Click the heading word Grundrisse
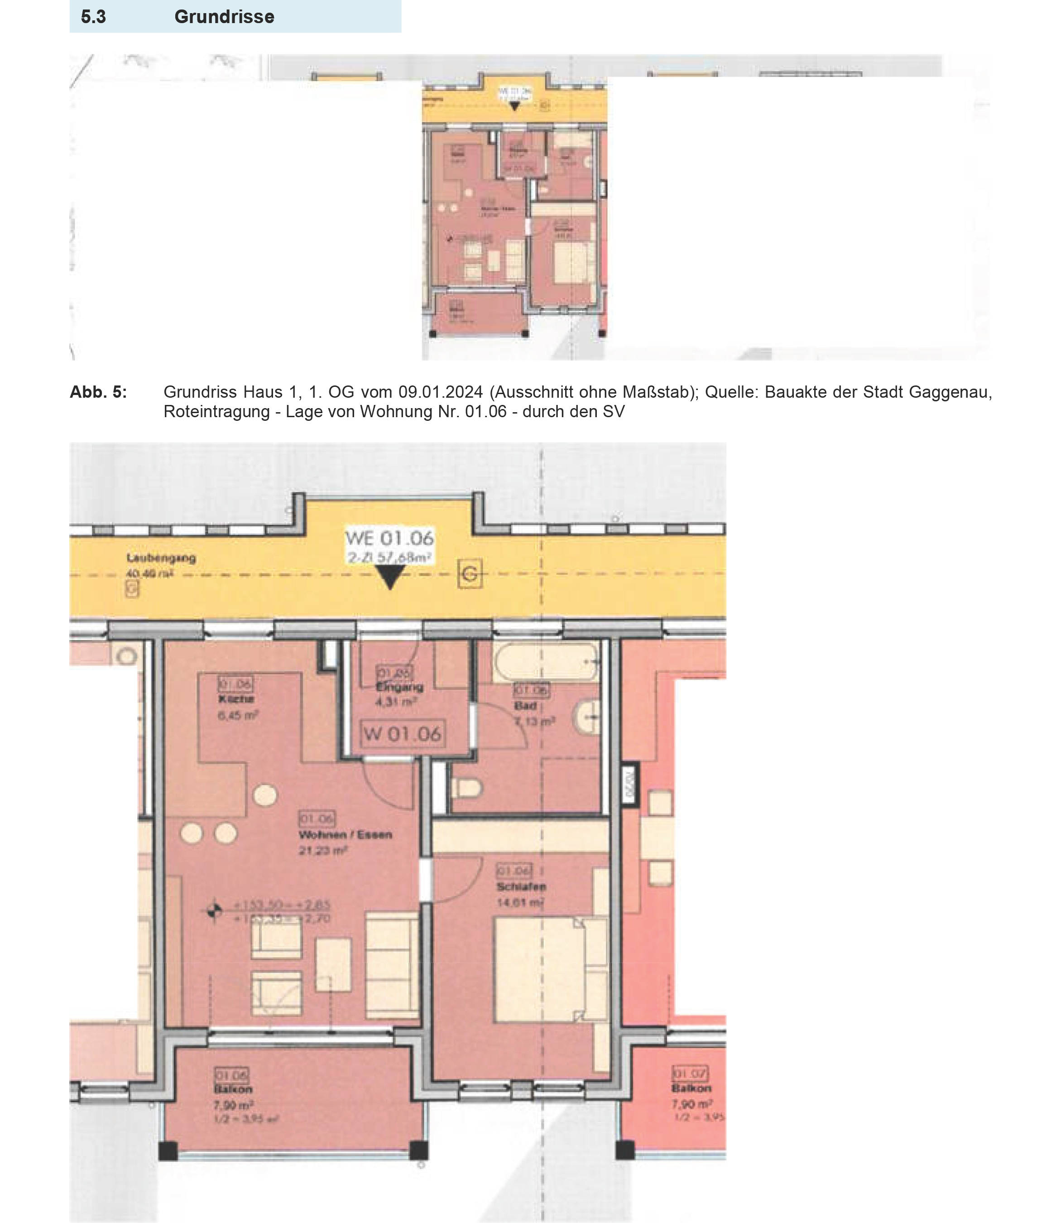[224, 16]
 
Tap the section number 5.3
[93, 16]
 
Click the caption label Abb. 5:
[98, 392]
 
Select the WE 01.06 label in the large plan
[389, 538]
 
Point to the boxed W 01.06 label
[403, 734]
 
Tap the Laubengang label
[161, 557]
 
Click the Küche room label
[236, 699]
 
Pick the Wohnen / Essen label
[345, 835]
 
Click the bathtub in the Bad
[546, 662]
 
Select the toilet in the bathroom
[467, 787]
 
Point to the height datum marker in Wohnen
[214, 911]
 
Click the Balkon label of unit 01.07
[691, 1088]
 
